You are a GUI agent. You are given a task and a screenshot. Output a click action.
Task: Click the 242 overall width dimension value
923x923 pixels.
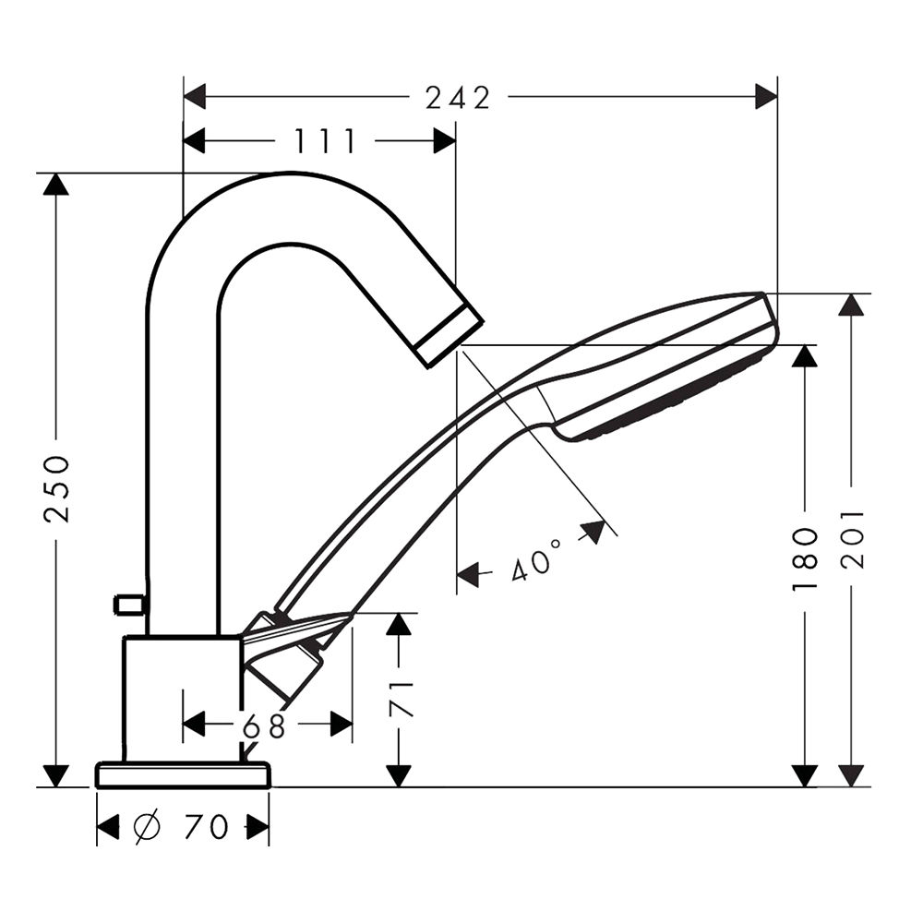pyautogui.click(x=458, y=99)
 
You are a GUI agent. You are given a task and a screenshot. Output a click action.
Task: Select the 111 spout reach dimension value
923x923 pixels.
pyautogui.click(x=325, y=141)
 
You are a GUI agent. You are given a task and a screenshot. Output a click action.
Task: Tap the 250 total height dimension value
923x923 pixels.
pyautogui.click(x=57, y=489)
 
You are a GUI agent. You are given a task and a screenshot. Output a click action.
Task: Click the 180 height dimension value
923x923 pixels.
pyautogui.click(x=805, y=559)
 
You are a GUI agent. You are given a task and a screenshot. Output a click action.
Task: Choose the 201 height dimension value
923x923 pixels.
pyautogui.click(x=852, y=539)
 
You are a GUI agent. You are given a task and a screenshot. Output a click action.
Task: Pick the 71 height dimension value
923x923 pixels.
pyautogui.click(x=402, y=700)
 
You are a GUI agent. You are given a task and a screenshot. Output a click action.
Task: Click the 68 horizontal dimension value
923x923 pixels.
pyautogui.click(x=264, y=726)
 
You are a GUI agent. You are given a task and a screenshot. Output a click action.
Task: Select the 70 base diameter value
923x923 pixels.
pyautogui.click(x=206, y=826)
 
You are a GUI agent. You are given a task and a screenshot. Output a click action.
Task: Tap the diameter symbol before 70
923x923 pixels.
pyautogui.click(x=147, y=826)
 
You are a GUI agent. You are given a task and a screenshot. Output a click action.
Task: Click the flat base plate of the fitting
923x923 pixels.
pyautogui.click(x=184, y=774)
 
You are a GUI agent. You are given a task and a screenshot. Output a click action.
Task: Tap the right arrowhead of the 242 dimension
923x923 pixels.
pyautogui.click(x=766, y=96)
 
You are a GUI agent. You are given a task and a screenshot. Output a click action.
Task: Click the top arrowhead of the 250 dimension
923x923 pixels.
pyautogui.click(x=56, y=185)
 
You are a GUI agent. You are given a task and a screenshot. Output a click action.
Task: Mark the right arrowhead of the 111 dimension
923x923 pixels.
pyautogui.click(x=445, y=141)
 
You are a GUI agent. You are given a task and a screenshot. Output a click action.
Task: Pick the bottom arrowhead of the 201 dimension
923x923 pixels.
pyautogui.click(x=851, y=776)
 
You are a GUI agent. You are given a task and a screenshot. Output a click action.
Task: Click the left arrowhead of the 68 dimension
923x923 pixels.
pyautogui.click(x=194, y=724)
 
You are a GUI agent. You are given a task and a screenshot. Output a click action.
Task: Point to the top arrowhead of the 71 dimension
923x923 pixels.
pyautogui.click(x=399, y=624)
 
